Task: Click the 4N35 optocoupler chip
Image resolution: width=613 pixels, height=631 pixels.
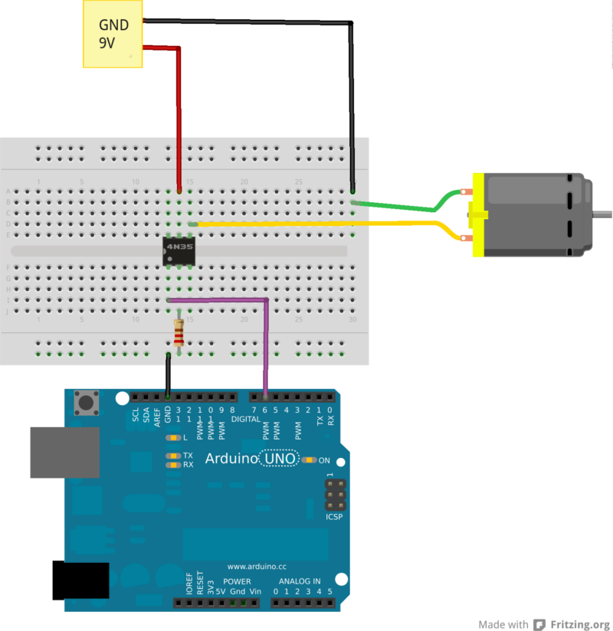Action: coord(179,251)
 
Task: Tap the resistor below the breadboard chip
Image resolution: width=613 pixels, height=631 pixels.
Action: coord(179,333)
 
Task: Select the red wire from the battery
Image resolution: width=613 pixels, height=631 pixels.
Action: coord(179,115)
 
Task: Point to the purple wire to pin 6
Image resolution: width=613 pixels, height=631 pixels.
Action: coord(266,345)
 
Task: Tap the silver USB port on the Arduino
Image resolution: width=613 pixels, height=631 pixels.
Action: coord(64,452)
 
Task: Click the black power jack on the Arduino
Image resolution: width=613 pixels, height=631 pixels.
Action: coord(80,580)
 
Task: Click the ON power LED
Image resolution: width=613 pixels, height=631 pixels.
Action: coord(308,460)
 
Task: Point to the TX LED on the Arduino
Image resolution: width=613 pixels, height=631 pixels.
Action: coord(174,456)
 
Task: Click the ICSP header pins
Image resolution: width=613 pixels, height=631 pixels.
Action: coord(333,495)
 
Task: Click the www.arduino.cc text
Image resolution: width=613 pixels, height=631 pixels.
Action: coord(257,567)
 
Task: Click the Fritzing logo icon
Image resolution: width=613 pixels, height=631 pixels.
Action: coord(539,624)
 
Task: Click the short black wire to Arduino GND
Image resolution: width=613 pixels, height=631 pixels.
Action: coord(169,375)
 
